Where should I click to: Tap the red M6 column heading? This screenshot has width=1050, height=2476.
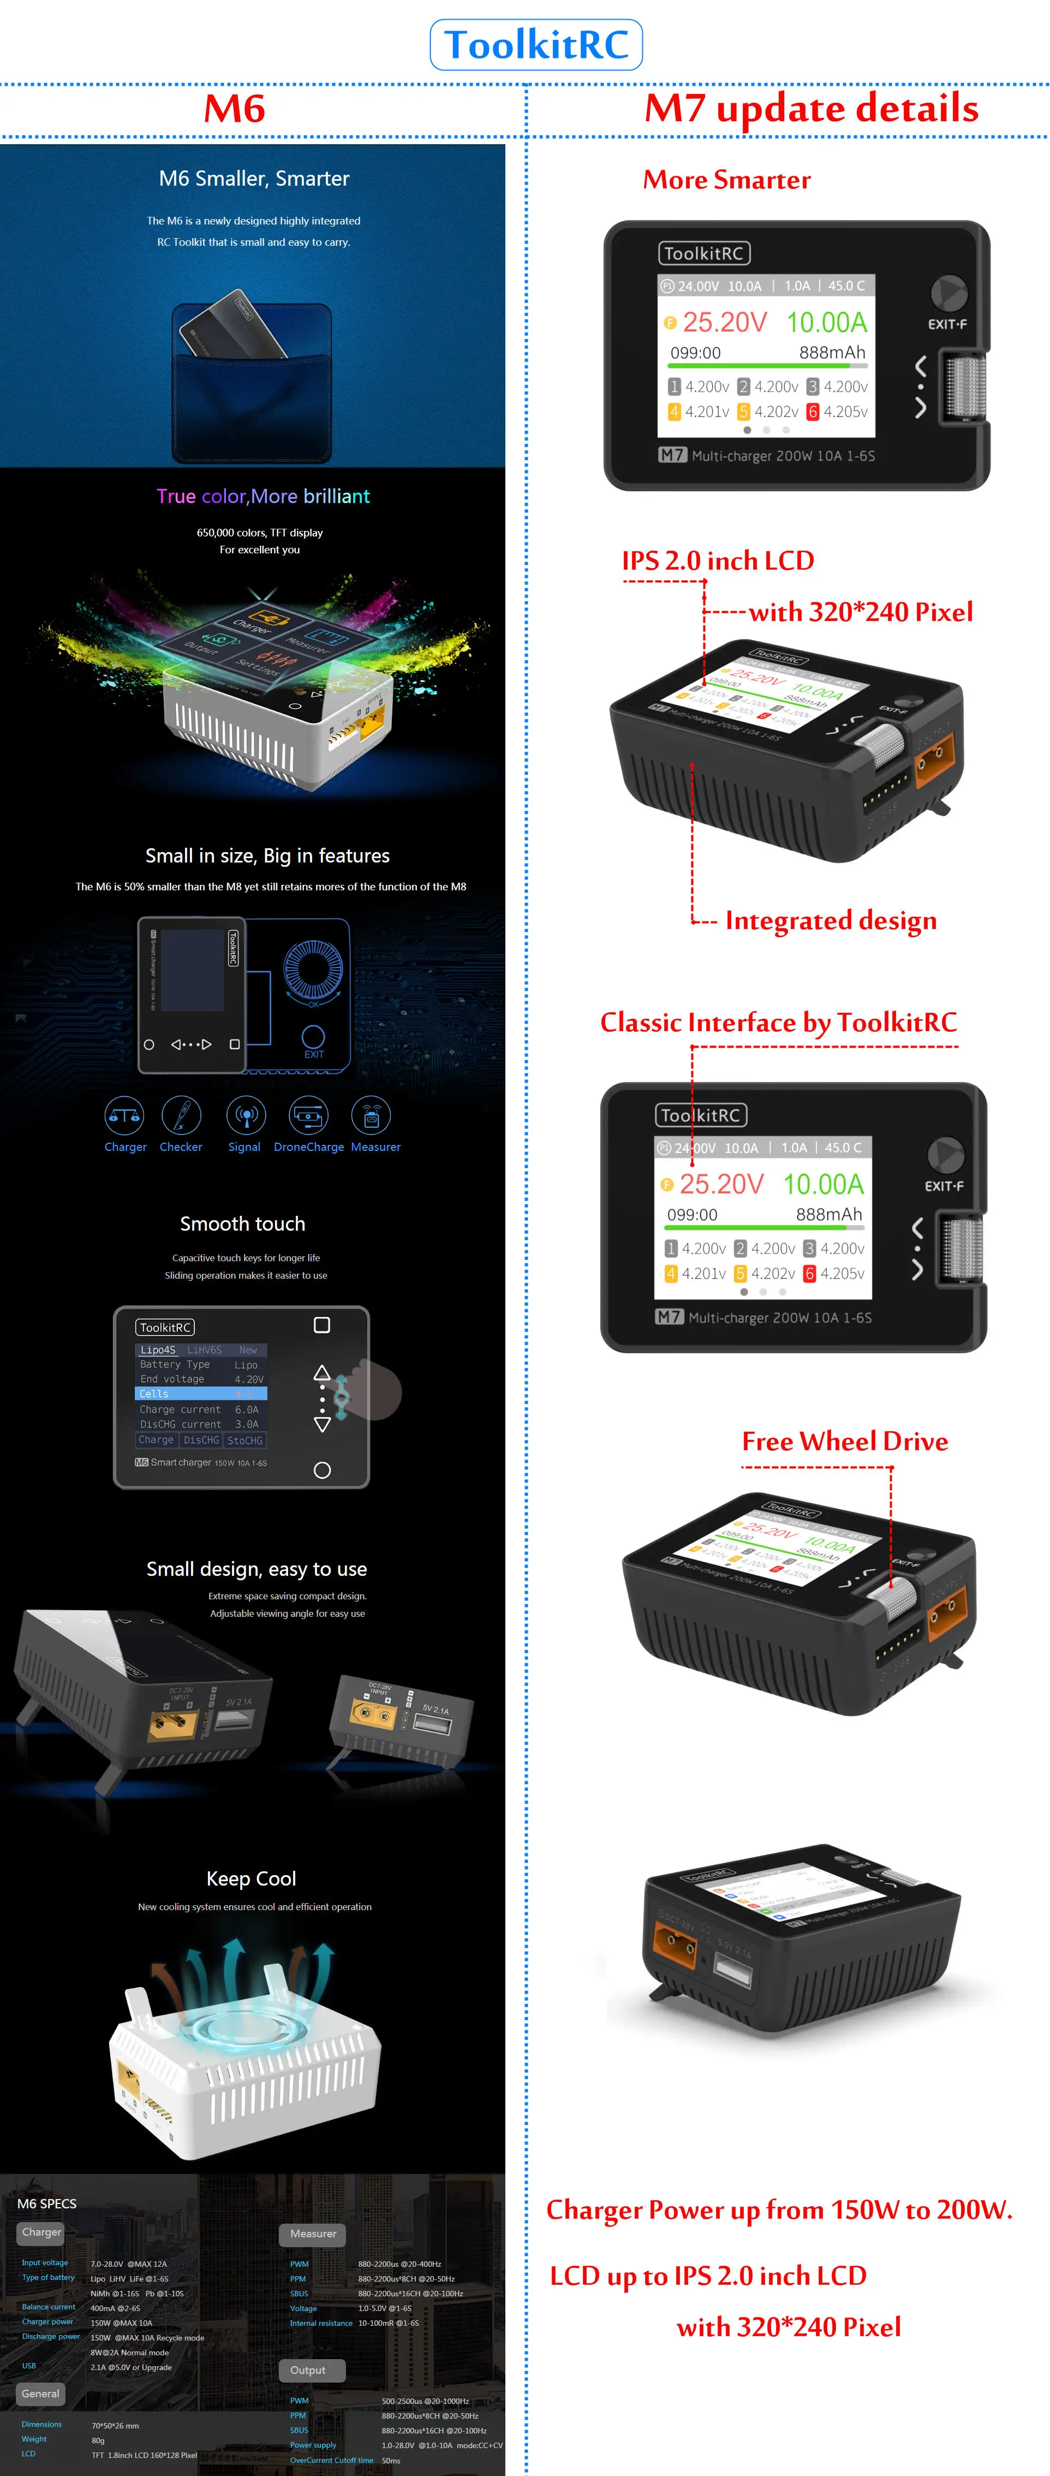coord(235,109)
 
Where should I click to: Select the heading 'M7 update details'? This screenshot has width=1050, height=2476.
coord(811,109)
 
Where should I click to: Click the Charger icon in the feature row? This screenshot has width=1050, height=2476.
coord(125,1116)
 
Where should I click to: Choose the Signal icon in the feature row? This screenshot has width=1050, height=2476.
coord(245,1116)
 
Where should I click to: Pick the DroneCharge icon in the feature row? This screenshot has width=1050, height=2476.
coord(308,1116)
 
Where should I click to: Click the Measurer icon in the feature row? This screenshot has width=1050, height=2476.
coord(372,1116)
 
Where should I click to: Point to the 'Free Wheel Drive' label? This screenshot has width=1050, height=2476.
coord(844,1441)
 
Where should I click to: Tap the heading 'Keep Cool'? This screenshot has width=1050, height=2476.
coord(250,1878)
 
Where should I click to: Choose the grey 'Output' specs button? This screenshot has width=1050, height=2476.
coord(308,2370)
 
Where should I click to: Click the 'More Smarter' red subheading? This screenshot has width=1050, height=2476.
coord(726,180)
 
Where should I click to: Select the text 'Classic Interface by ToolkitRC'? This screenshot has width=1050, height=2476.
coord(778,1022)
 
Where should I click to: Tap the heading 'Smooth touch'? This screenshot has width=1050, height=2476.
coord(242,1224)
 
